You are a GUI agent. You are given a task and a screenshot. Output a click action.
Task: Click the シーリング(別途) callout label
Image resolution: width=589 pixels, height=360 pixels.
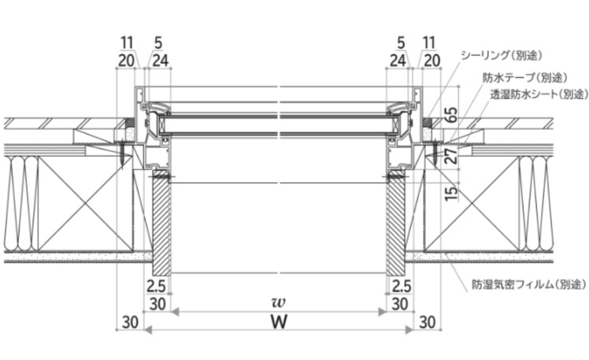click(x=502, y=55)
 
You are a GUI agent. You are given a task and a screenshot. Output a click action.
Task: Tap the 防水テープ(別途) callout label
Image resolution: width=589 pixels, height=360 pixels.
click(x=524, y=78)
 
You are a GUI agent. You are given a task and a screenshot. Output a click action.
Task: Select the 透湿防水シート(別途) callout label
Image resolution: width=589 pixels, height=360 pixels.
click(x=539, y=94)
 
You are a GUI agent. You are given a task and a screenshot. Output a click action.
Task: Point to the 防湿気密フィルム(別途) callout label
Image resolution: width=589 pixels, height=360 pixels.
click(x=529, y=284)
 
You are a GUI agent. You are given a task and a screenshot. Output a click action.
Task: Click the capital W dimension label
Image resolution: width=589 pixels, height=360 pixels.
click(x=279, y=322)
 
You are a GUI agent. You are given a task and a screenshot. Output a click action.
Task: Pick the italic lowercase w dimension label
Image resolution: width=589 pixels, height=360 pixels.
click(x=279, y=302)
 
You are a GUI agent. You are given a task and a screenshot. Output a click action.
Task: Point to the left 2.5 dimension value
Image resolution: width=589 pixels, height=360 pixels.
click(x=156, y=287)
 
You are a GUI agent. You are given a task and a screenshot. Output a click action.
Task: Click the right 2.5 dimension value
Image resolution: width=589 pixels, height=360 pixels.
click(x=401, y=287)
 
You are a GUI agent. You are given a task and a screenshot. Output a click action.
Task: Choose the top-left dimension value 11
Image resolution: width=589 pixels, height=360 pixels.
click(x=127, y=43)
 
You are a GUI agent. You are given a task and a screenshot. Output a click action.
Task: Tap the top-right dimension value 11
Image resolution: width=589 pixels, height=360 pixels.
click(x=429, y=43)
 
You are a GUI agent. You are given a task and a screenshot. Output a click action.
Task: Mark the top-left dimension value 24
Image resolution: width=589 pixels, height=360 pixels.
click(x=161, y=60)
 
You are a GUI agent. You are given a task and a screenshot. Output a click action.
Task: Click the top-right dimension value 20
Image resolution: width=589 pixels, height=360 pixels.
click(x=432, y=60)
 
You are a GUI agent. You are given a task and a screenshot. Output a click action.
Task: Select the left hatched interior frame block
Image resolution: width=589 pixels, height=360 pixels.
click(x=161, y=222)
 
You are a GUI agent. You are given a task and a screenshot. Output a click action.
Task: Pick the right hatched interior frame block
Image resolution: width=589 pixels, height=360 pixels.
click(x=395, y=222)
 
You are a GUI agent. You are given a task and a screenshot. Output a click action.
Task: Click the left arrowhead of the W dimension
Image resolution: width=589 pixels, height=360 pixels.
click(x=148, y=330)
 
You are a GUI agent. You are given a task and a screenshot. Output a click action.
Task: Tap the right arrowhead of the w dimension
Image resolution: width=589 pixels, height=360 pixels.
click(x=382, y=311)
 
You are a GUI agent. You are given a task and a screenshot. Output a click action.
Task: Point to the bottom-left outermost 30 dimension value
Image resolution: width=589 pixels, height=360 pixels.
click(x=131, y=322)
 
